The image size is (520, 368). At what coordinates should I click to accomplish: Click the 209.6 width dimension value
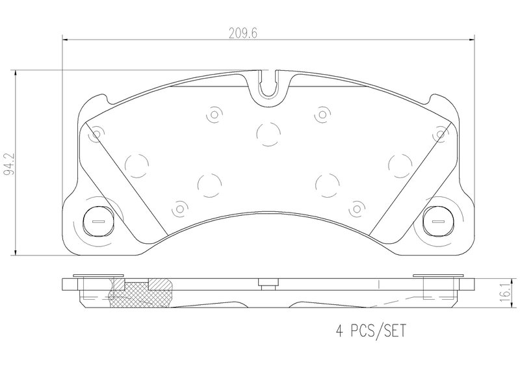click(x=243, y=33)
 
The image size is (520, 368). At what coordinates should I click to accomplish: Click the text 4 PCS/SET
click(x=371, y=331)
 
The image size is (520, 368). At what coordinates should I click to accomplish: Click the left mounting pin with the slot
click(x=98, y=221)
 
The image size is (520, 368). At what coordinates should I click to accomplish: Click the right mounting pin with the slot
click(x=438, y=221)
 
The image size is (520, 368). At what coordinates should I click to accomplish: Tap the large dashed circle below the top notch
click(x=268, y=134)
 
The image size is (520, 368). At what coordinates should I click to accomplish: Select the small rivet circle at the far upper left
click(x=96, y=135)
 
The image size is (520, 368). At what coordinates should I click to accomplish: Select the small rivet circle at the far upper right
click(x=441, y=135)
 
